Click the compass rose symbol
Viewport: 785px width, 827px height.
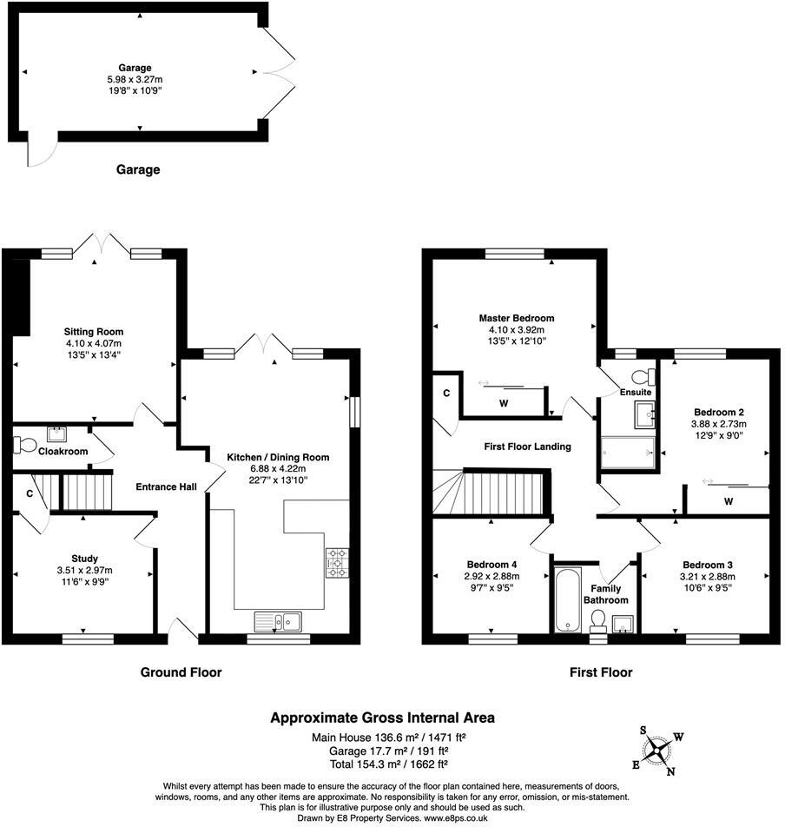point(661,749)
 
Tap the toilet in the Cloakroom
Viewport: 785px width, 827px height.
point(25,446)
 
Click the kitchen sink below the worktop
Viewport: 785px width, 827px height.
point(277,620)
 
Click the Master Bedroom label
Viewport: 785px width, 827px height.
point(516,318)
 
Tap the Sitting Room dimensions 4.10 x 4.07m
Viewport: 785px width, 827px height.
point(93,342)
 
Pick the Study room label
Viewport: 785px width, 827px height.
point(84,559)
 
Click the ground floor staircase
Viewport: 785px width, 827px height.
point(85,491)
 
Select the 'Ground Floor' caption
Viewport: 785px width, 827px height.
point(181,672)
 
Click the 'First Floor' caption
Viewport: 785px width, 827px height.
point(601,672)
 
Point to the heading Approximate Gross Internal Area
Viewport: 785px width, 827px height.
point(382,718)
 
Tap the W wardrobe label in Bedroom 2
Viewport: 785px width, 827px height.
point(728,501)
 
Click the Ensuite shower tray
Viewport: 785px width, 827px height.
point(627,452)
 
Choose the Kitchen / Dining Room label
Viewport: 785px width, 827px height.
point(278,457)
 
